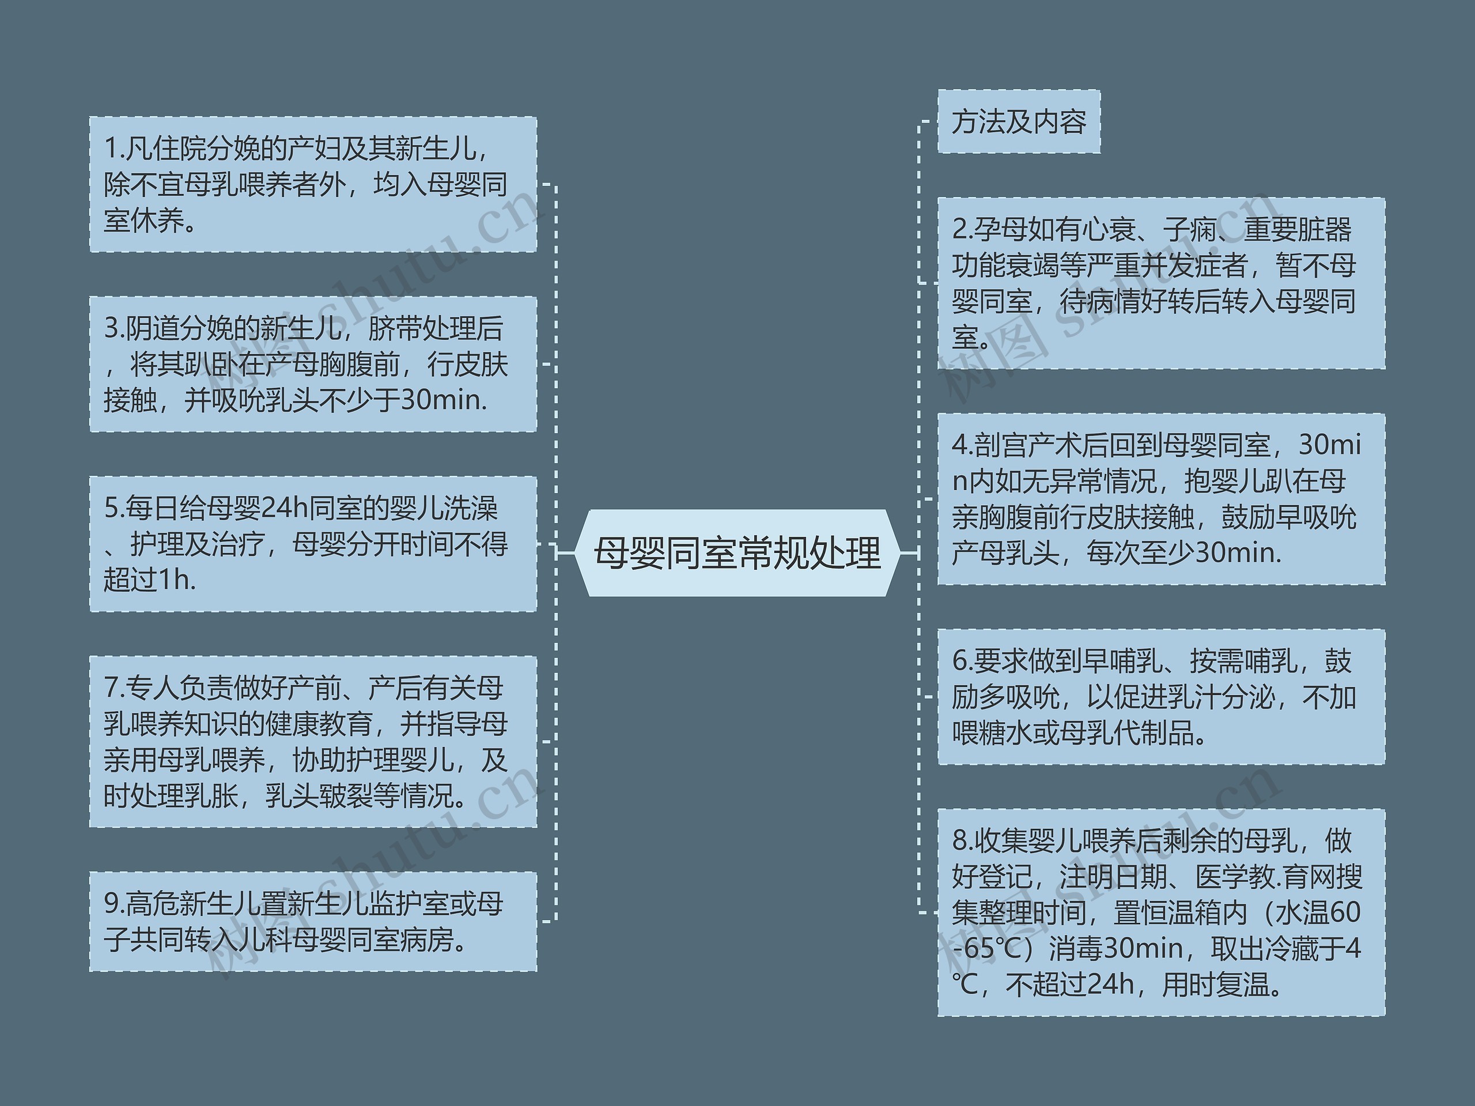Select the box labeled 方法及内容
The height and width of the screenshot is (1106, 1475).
tap(1018, 122)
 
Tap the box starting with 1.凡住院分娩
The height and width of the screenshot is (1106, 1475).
tap(313, 185)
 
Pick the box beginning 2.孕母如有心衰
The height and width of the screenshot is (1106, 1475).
tap(1161, 283)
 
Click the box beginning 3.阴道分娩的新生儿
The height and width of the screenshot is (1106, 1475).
tap(313, 364)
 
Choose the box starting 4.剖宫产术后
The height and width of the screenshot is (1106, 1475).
tap(1161, 499)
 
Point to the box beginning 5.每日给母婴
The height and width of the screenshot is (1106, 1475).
tap(313, 544)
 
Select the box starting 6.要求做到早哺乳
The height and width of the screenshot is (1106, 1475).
tap(1161, 696)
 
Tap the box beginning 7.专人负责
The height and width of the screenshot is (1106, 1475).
tap(313, 741)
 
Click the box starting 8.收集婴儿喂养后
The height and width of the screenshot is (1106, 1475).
tap(1161, 912)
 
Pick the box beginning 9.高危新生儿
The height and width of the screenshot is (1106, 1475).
tap(313, 921)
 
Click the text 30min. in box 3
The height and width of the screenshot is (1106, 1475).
tap(444, 400)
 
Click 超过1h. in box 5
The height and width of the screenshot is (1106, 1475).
tap(150, 580)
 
